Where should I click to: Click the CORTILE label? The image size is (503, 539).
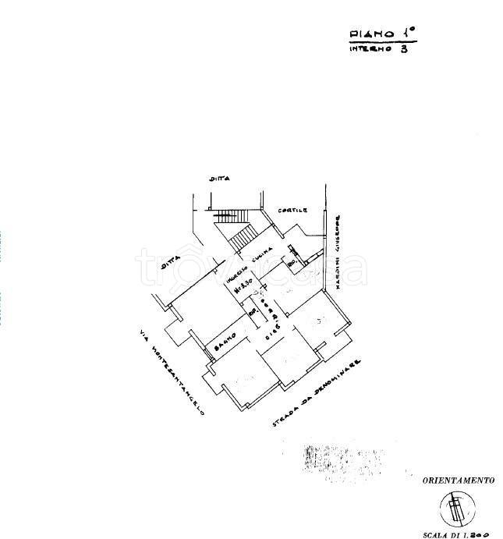296,211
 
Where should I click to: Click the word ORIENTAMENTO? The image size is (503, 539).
458,482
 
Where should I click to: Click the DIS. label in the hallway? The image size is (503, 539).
270,337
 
